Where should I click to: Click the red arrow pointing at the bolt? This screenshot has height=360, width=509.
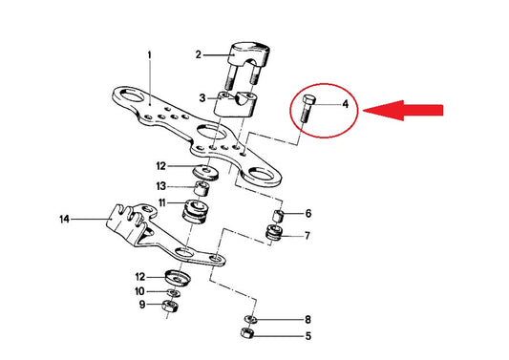point(403,111)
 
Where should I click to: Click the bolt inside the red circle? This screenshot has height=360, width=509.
point(307,109)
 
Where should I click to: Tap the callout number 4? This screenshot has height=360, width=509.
point(346,104)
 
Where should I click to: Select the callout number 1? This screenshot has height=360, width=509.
point(149,55)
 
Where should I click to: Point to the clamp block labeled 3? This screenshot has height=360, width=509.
point(235,104)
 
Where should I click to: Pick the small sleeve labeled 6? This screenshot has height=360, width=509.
point(278,216)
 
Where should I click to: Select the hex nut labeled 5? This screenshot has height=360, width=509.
point(247,332)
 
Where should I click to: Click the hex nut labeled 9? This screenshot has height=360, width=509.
point(170,306)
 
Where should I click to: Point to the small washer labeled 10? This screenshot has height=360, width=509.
point(175,293)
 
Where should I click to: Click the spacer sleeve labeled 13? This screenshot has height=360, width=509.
point(201,189)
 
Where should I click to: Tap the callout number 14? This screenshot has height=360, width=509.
point(65,220)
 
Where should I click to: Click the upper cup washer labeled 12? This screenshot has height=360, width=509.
point(205,172)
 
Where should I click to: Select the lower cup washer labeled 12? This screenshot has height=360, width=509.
point(178,278)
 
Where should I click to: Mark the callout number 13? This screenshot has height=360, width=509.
point(161,186)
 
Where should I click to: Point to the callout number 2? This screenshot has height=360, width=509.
point(198,54)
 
